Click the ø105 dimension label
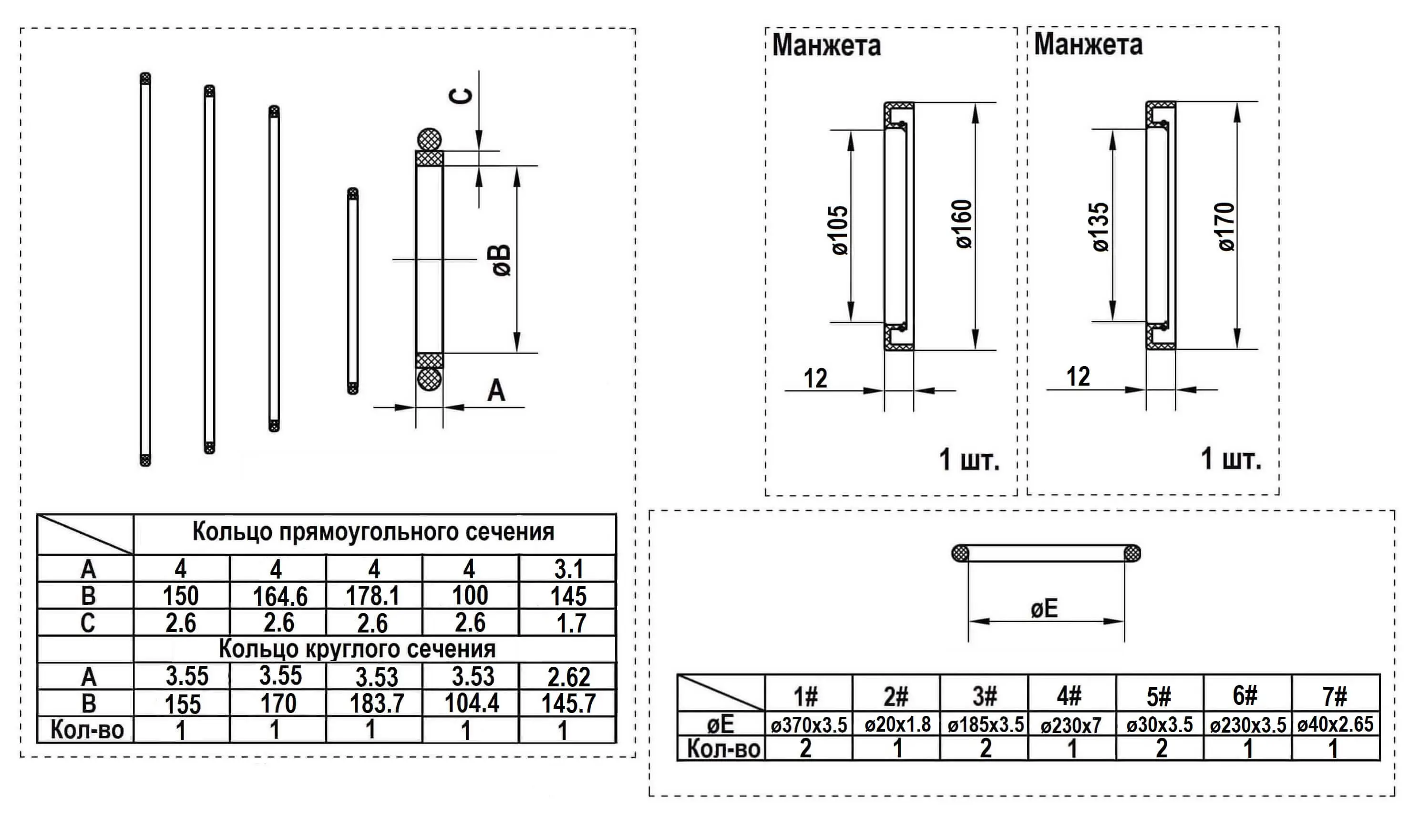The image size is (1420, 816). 840,230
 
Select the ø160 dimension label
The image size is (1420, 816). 964,224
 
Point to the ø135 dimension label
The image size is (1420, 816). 1101,227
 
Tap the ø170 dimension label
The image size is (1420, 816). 1226,226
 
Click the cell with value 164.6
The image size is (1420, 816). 279,596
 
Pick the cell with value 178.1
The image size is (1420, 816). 373,595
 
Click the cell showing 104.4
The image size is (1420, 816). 472,703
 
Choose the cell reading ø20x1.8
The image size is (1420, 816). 897,724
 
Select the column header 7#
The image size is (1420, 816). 1335,696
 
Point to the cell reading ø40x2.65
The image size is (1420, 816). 1335,724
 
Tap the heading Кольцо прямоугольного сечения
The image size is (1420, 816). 373,531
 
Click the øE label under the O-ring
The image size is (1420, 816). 1044,609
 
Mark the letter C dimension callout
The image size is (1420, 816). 462,96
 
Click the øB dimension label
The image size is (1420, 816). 502,260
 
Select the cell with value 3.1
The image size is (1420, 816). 568,570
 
